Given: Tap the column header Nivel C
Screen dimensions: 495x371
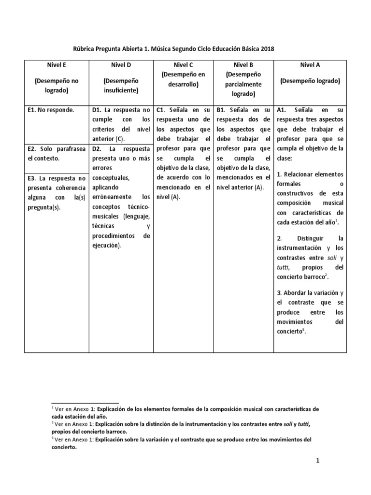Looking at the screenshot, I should click(x=183, y=64).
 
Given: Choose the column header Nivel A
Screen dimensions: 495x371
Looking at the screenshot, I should click(x=310, y=64).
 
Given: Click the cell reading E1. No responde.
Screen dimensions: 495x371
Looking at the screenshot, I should click(x=51, y=110).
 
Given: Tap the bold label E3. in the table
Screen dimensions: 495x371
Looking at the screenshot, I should click(x=33, y=178).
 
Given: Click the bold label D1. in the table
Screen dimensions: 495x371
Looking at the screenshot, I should click(x=98, y=110).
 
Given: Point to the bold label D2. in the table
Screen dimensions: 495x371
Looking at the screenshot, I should click(x=98, y=149).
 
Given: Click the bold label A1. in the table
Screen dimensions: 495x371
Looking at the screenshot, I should click(x=283, y=110).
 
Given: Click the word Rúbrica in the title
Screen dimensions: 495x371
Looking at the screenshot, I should click(x=85, y=49).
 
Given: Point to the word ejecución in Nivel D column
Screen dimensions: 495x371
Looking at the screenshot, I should click(x=106, y=245).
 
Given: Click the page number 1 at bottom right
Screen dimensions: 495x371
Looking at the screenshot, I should click(x=318, y=461).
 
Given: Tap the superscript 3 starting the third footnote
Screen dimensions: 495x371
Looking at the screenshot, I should click(x=52, y=438).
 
